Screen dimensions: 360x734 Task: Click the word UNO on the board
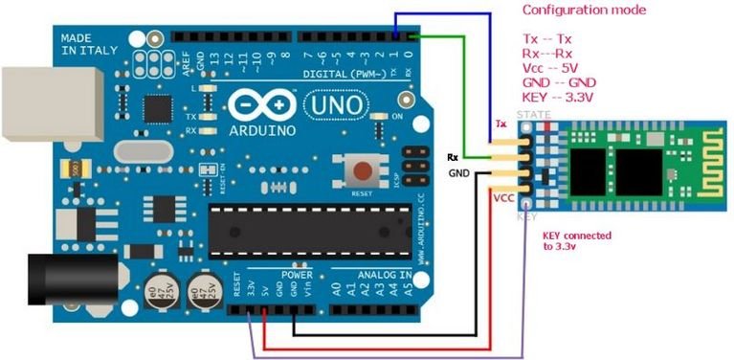[x=335, y=102]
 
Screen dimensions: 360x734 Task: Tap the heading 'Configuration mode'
[x=583, y=11]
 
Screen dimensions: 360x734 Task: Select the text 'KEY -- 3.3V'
[x=559, y=99]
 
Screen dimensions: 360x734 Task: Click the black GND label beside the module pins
[x=460, y=173]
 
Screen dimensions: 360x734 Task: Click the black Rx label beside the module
[x=454, y=157]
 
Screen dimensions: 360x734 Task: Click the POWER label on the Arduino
[x=298, y=273]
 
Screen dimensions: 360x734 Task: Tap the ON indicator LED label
[x=396, y=115]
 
